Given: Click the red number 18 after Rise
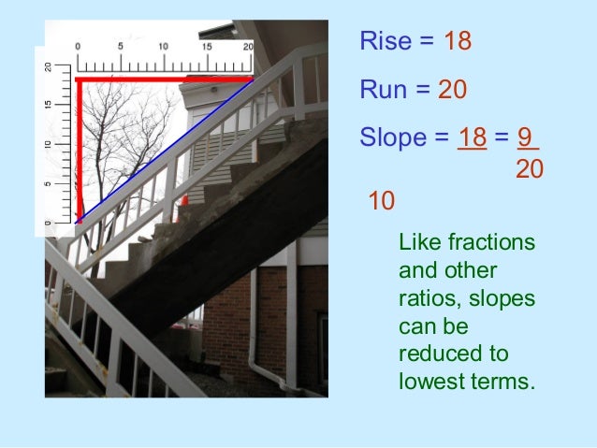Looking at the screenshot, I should pos(458,41).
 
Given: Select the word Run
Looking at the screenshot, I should pos(382,90).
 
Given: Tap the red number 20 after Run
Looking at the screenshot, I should pos(452,90).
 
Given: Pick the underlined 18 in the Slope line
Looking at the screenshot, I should pos(472,138).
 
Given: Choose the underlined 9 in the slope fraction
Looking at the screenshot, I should pos(526,138).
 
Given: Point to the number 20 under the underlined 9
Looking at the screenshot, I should pos(530,170).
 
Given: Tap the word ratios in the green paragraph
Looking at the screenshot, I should pos(423,299).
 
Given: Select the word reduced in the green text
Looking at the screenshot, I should pos(434,355).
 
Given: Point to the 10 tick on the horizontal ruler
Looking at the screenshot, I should pos(163,46).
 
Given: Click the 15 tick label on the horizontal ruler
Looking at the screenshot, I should pos(206,46).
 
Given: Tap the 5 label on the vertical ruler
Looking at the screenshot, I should pos(50,183).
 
